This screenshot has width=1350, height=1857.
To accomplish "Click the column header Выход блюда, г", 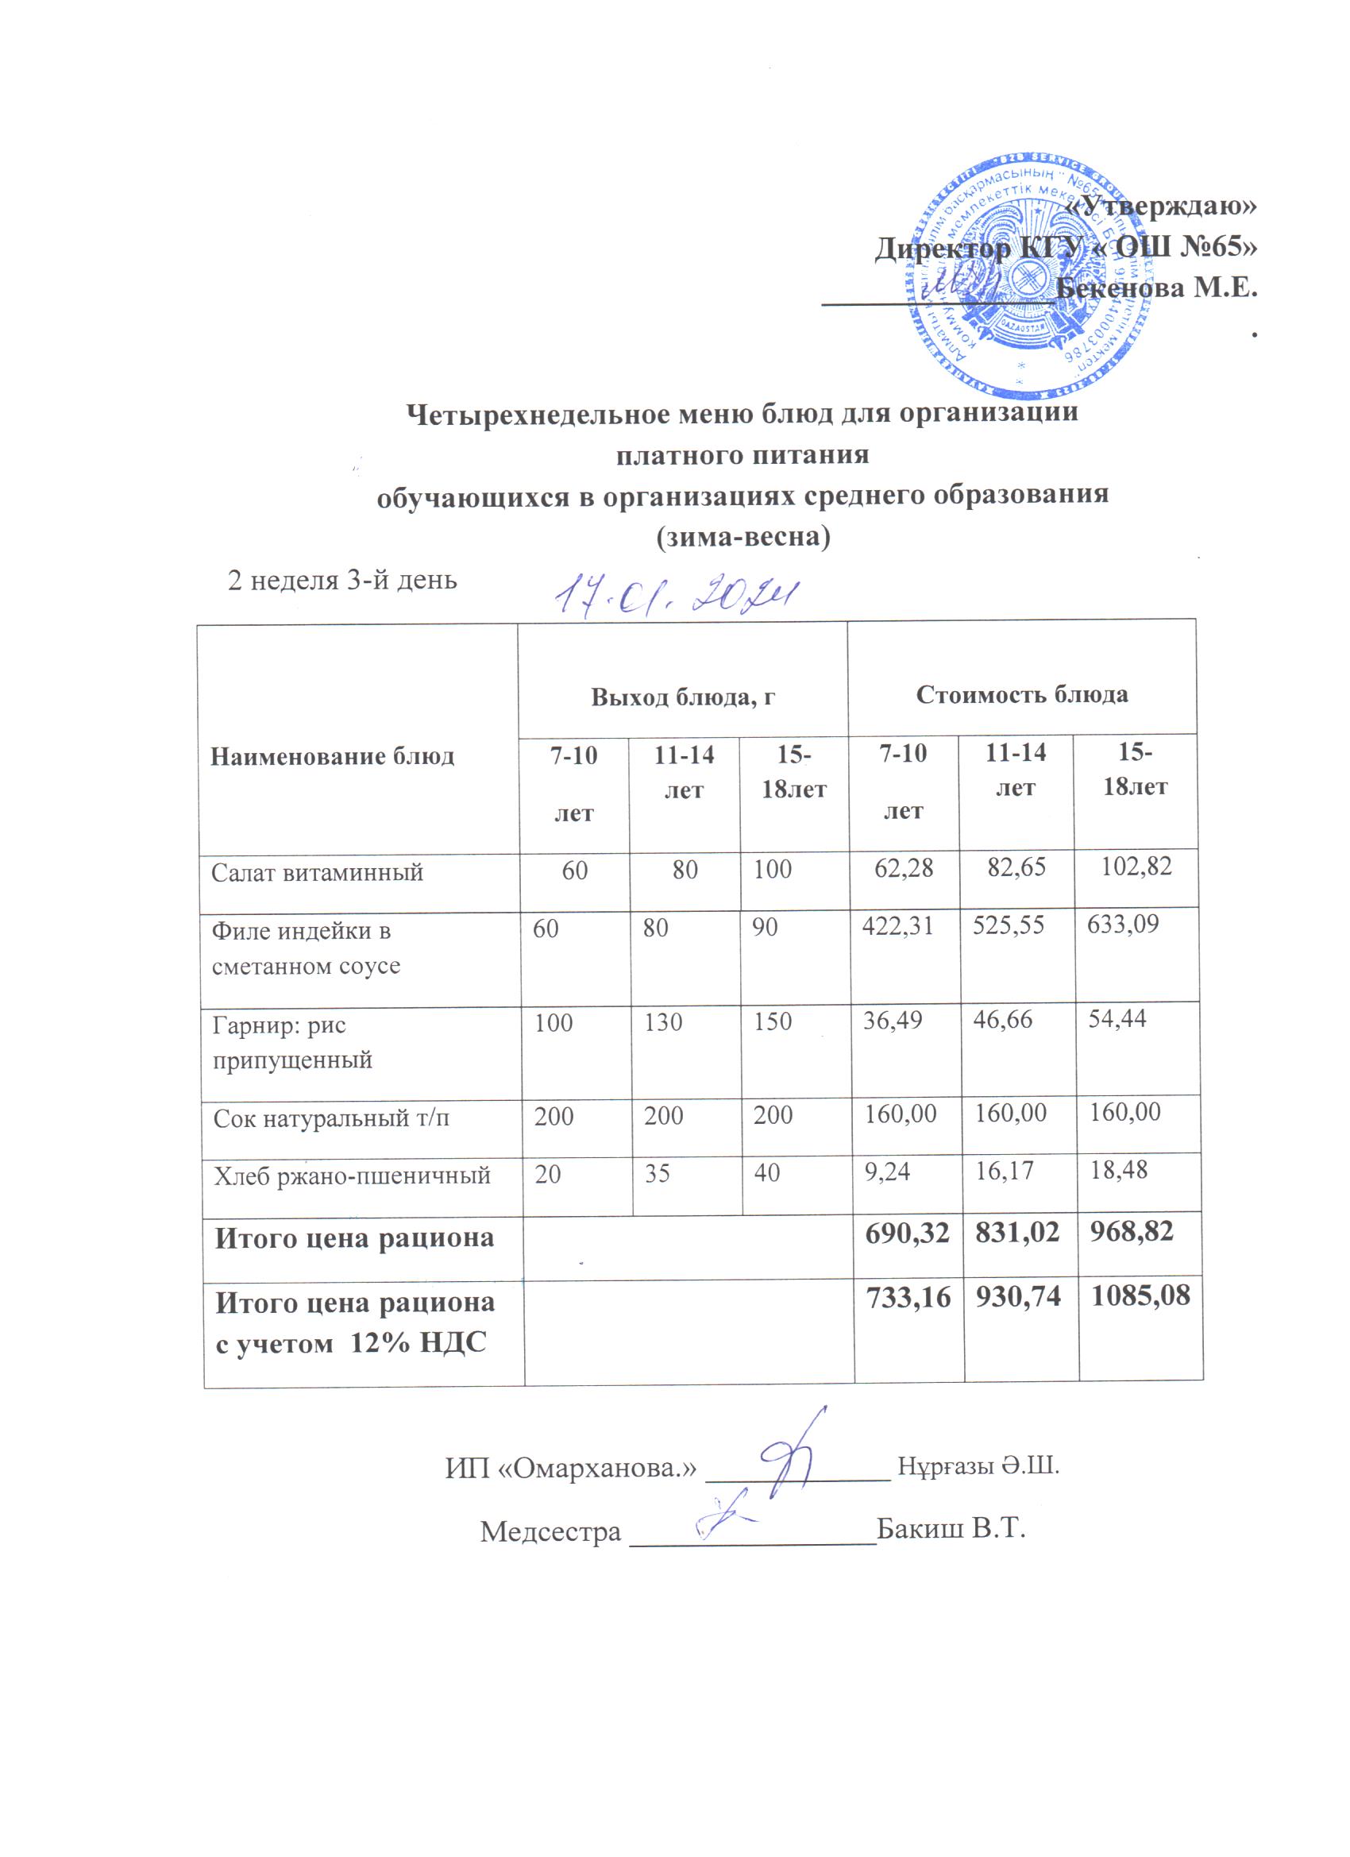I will click(683, 696).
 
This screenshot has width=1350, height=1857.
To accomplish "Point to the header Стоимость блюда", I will click(1021, 694).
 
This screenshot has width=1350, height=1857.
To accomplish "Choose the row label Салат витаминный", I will click(317, 872).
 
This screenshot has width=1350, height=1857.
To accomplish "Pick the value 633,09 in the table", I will click(1122, 925).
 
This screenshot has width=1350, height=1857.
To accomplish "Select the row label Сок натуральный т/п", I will click(330, 1118).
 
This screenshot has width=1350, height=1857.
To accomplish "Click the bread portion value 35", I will click(657, 1174).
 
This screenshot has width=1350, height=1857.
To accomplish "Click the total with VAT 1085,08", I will click(1140, 1295).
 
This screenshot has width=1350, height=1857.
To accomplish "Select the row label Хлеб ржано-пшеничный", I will click(352, 1176).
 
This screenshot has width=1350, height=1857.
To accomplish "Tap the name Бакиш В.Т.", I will click(951, 1528).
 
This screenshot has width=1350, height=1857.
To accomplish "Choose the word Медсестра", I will click(550, 1531).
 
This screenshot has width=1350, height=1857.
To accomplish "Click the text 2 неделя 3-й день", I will click(341, 581).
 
